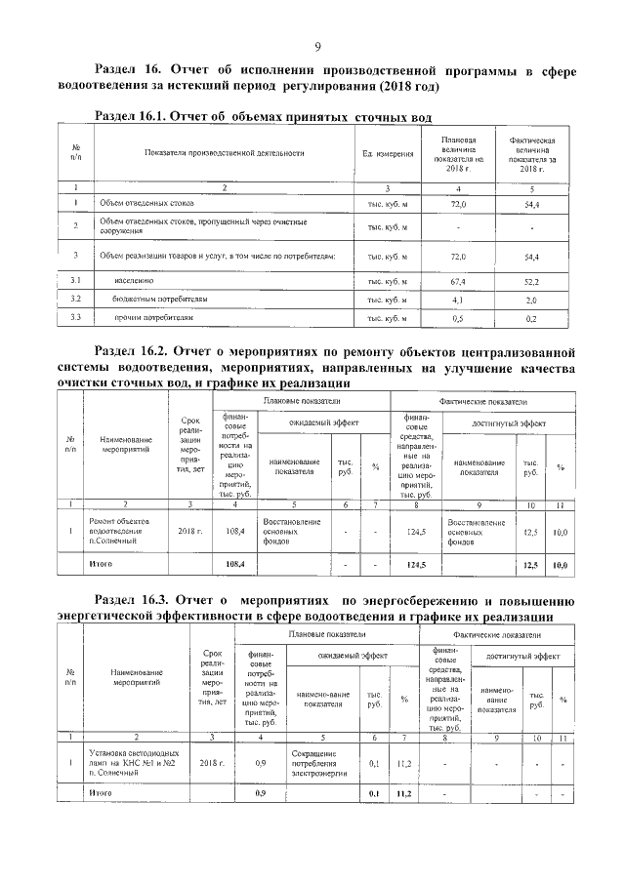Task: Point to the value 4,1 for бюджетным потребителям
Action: click(457, 299)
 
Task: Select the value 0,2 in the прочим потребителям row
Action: click(531, 318)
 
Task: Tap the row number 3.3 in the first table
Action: click(74, 318)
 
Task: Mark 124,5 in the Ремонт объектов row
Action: click(417, 532)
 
